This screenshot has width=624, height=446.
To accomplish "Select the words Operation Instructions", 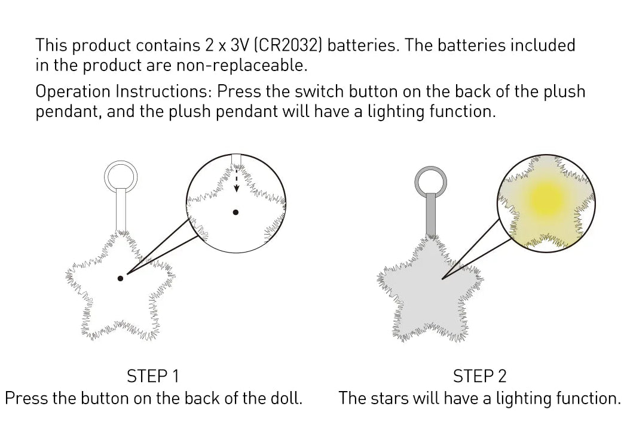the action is (x=122, y=91).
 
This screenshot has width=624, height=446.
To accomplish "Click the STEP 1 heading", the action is (x=153, y=376).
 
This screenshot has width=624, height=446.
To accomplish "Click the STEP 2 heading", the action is (x=479, y=376).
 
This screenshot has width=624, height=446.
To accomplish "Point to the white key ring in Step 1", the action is (x=121, y=162).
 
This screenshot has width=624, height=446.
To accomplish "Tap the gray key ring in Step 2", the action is (x=430, y=168).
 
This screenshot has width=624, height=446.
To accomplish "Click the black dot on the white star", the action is (x=120, y=278).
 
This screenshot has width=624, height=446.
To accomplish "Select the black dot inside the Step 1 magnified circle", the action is (x=235, y=213).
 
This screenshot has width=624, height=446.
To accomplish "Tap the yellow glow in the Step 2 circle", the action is (x=547, y=198).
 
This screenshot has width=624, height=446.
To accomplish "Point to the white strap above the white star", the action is (x=121, y=210).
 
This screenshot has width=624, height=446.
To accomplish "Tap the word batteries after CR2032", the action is (x=362, y=45).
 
